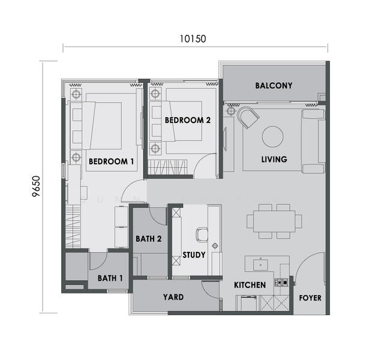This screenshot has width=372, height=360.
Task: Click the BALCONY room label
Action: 274,86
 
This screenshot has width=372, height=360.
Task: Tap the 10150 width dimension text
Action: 193,39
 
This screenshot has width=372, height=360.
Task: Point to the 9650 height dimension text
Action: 36,186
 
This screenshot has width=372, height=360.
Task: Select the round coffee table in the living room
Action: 272,136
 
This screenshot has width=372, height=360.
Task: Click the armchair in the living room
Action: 248,117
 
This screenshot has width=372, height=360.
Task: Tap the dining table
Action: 274,221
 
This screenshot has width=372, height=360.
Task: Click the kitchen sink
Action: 260,265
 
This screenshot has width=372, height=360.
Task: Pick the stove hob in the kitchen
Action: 281,283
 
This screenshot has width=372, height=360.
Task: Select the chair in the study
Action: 202,235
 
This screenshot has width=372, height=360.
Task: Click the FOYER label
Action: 310,298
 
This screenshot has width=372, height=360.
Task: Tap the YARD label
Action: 173,297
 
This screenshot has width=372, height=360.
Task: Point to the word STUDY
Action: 194,255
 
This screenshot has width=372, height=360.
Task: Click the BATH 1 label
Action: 110,278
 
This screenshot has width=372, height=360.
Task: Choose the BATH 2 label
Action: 149,239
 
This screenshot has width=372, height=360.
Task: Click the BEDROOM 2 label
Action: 188,121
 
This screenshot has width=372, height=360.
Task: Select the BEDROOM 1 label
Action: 111,161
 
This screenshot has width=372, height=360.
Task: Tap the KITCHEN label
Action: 250,285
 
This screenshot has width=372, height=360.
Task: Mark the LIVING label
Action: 274,159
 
